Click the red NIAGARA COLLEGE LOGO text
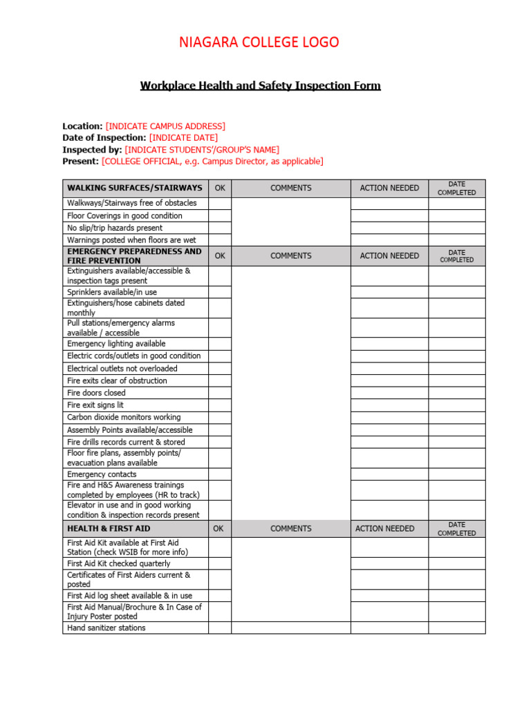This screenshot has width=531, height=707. [259, 43]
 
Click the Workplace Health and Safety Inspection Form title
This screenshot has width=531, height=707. [260, 86]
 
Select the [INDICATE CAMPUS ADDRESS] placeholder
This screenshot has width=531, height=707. [165, 126]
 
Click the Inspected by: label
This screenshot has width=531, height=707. [92, 150]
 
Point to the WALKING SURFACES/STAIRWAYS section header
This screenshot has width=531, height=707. [135, 188]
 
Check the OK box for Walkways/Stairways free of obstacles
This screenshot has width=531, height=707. [219, 203]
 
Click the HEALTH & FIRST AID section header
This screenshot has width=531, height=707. [109, 529]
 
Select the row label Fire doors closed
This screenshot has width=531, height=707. [96, 393]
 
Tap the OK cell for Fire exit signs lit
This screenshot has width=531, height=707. [219, 405]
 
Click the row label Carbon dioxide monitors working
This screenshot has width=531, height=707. [124, 418]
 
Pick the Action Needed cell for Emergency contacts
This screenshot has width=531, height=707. [389, 474]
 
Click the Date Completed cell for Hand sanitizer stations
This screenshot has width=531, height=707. [456, 628]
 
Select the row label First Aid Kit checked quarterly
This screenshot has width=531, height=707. [118, 564]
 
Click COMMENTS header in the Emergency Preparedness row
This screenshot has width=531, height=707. [290, 255]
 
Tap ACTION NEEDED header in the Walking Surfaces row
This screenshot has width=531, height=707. [389, 188]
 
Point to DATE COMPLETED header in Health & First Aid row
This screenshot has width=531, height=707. [456, 529]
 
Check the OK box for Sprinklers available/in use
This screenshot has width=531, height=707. [219, 293]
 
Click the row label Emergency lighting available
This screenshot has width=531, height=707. [116, 344]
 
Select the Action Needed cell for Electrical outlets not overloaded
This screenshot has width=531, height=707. [389, 369]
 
